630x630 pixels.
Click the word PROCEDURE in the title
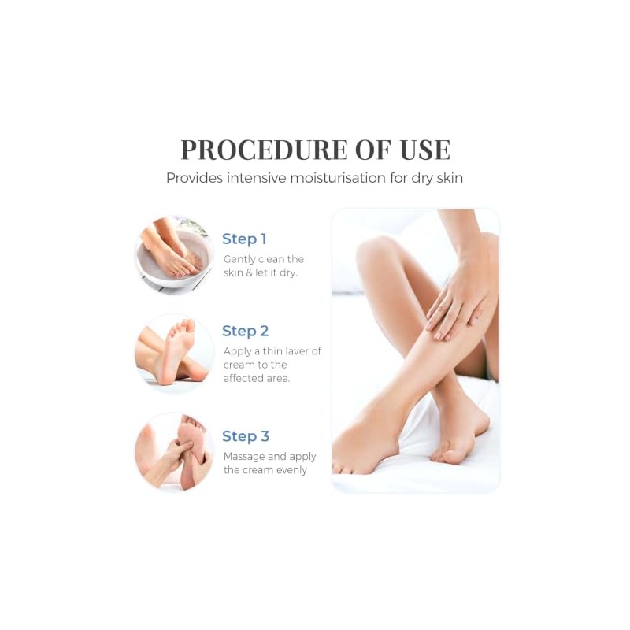[264, 150]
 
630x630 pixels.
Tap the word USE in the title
[425, 150]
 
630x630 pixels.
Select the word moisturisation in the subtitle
[338, 178]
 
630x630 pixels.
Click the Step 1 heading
[244, 239]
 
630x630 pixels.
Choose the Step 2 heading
[245, 331]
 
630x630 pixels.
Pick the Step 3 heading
[246, 436]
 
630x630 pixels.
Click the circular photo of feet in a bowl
[174, 254]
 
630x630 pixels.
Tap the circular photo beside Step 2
[174, 353]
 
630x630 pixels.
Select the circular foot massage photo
[174, 451]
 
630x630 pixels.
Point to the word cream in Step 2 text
[239, 365]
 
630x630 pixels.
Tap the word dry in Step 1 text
[288, 273]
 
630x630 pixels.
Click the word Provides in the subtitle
[195, 178]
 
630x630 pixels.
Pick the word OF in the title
[373, 150]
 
